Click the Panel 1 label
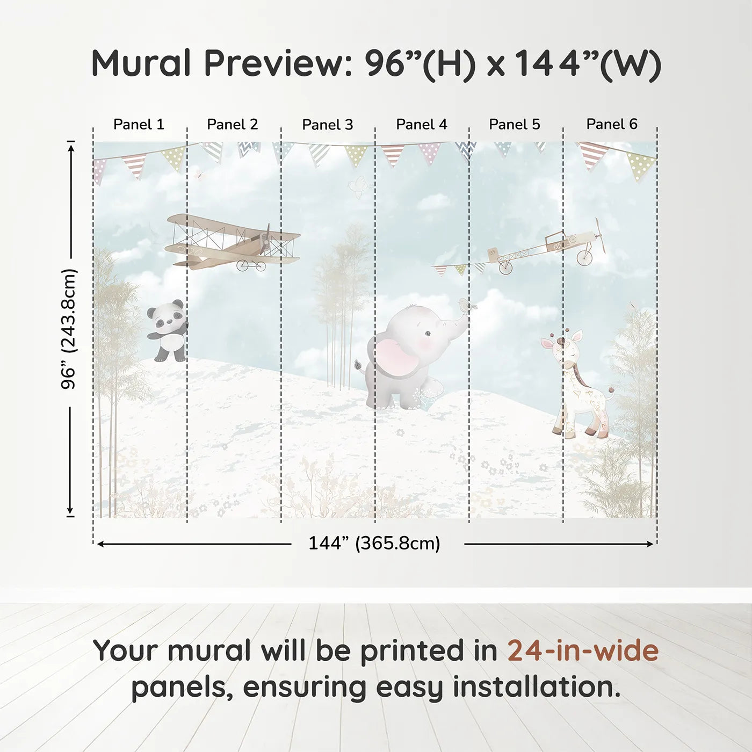(x=139, y=124)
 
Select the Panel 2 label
(x=233, y=124)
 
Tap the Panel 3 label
(x=328, y=125)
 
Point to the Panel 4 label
(x=422, y=124)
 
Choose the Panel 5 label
(x=515, y=124)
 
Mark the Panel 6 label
(x=612, y=124)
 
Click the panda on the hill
(x=168, y=330)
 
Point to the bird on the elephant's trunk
(x=465, y=306)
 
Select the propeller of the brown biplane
(x=265, y=240)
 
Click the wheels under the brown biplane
(x=251, y=265)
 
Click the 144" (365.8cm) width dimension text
(x=374, y=543)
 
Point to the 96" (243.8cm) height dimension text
(x=69, y=329)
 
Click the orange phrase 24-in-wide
(x=583, y=650)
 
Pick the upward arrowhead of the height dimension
(x=70, y=146)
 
